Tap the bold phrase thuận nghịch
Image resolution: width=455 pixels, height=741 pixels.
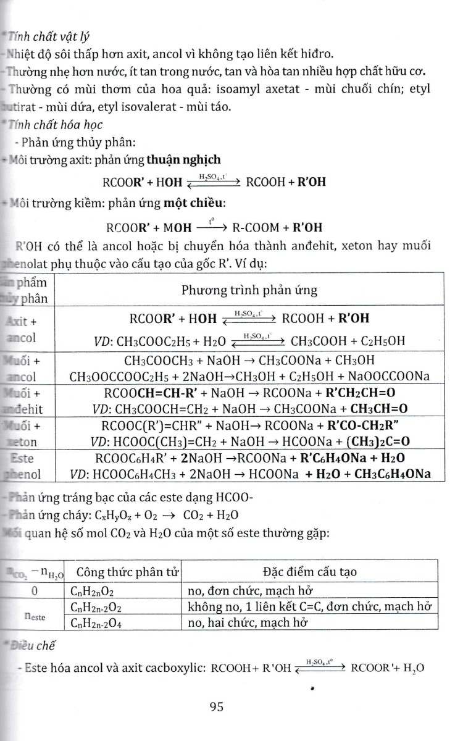(x=182, y=160)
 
